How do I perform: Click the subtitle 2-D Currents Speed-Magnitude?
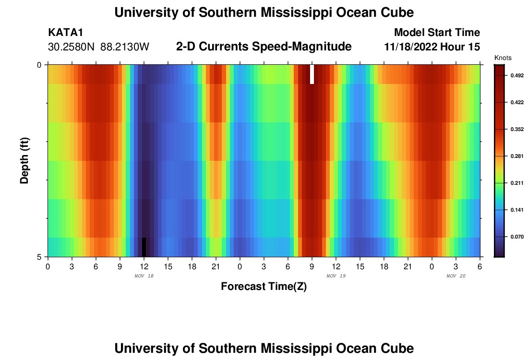264,47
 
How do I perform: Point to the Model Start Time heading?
437,33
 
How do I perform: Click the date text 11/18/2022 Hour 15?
432,47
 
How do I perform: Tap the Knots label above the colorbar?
503,58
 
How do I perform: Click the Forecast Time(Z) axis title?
264,287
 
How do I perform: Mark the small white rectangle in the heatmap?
312,74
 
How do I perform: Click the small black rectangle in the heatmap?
144,247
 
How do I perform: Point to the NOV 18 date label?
144,276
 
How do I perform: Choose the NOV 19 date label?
336,276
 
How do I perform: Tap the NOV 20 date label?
456,276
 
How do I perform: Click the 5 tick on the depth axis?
39,257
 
